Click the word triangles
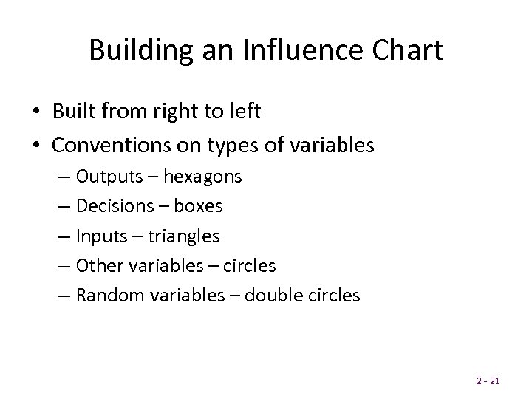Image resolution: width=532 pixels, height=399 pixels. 185,236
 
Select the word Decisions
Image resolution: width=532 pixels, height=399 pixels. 115,207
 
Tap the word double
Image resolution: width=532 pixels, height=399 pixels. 270,296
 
